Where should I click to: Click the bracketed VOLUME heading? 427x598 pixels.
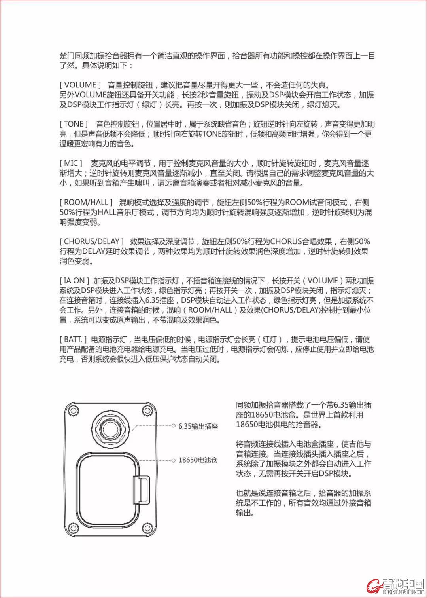point(80,85)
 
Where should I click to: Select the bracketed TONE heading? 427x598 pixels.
point(74,124)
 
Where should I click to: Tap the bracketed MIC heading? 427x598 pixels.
point(71,163)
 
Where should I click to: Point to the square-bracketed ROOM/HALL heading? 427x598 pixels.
point(86,203)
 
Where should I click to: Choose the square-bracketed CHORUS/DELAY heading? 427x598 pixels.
point(92,242)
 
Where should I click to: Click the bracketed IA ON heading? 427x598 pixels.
point(74,281)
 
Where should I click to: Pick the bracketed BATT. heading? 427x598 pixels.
point(73,340)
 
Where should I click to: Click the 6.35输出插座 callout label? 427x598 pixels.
point(198,426)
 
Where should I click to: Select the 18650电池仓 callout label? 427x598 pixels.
point(198,460)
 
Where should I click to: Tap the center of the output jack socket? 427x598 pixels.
point(110,428)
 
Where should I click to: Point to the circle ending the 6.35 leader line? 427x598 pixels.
point(173,426)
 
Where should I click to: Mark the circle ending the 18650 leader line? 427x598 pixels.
point(173,460)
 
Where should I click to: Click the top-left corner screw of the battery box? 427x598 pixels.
point(73,411)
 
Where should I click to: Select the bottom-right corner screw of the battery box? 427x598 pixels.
point(147,528)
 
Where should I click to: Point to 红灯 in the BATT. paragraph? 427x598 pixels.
point(270,340)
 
